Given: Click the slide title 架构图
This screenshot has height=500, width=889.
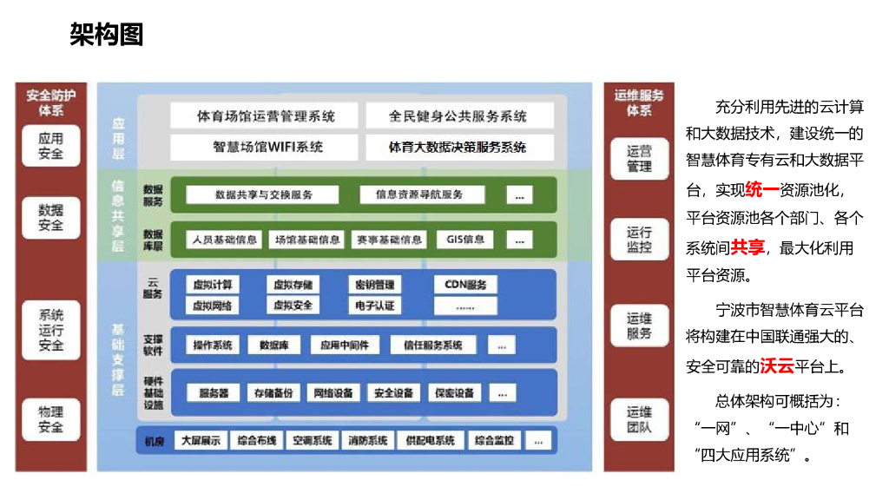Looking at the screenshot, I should pos(106,35).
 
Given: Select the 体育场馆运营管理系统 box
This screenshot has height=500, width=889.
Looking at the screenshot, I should pos(265,116).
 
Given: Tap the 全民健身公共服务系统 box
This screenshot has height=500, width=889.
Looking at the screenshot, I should pos(458,116).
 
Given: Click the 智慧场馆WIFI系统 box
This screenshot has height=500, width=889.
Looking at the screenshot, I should pos(265,147).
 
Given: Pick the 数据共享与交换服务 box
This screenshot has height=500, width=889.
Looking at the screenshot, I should pos(264,194).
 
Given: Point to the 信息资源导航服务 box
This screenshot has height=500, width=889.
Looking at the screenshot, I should pos(419,194).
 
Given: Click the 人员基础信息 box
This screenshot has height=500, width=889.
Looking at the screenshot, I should pos(223,239).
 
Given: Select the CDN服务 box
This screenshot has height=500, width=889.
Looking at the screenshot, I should pos(465,284).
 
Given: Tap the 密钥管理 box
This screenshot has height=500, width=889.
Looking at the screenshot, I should pos(375,284).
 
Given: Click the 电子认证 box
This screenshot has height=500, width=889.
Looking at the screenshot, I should pos(375,305).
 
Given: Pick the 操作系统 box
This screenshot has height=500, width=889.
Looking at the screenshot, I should pos(213,345).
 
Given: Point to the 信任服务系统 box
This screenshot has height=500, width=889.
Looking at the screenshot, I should pos(432,345).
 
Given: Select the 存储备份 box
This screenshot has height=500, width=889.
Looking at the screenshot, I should pos(274,392).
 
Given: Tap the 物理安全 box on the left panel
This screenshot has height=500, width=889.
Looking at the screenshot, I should pos(50,419).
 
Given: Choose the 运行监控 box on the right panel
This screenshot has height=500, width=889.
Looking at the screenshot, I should pos(639,240).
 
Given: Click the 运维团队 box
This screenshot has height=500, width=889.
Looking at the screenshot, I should pos(639,420).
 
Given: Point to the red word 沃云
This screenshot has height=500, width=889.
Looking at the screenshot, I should pos(777,366).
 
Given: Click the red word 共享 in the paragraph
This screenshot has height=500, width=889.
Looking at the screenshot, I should pos(747,248).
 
